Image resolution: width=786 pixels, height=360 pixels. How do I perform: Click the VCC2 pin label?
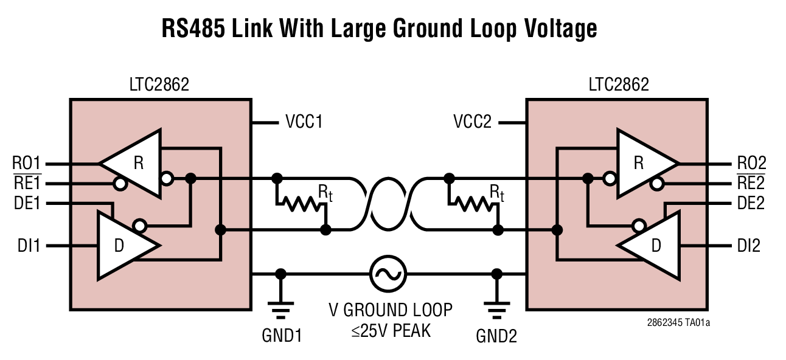point(474,122)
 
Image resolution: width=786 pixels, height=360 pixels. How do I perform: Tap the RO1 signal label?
point(27,164)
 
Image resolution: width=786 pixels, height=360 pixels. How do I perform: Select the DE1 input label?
point(27,204)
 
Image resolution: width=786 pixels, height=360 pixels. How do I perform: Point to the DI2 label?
point(748,246)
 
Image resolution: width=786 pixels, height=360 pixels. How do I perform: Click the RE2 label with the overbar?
point(751,183)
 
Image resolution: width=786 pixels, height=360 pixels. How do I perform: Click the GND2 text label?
point(497,336)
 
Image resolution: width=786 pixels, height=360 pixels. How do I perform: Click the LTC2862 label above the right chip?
point(618,85)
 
